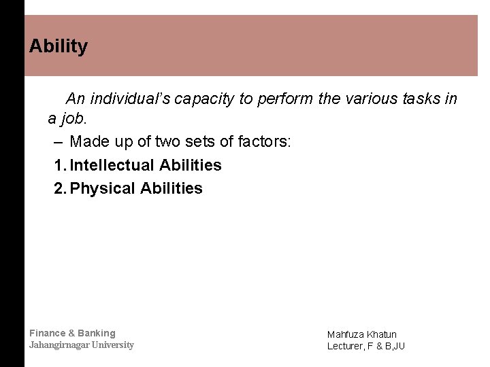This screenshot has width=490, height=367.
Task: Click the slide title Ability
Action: pyautogui.click(x=59, y=46)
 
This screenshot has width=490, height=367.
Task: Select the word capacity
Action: pyautogui.click(x=203, y=99)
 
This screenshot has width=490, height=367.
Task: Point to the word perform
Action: pyautogui.click(x=285, y=99)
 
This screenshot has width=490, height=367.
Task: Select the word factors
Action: pyautogui.click(x=264, y=142)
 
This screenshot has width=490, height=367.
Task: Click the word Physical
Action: pyautogui.click(x=103, y=188)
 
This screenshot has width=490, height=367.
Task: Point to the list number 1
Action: pyautogui.click(x=59, y=165)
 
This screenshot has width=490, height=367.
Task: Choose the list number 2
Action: pyautogui.click(x=59, y=188)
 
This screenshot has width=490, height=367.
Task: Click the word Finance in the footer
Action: pyautogui.click(x=48, y=333)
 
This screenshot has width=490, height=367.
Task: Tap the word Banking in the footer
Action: pyautogui.click(x=97, y=333)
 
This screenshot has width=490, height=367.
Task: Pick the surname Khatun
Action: pyautogui.click(x=382, y=334)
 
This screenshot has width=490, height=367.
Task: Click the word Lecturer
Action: pyautogui.click(x=345, y=346)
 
